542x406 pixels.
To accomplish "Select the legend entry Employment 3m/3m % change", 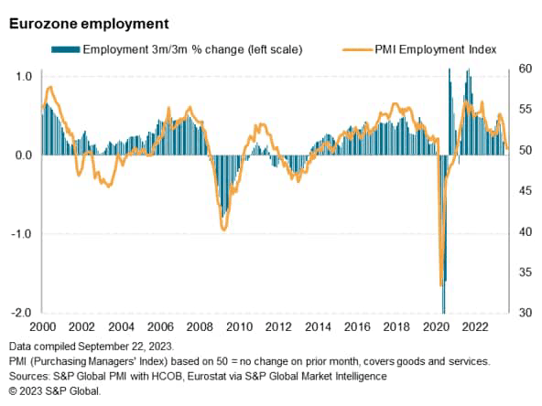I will pos(192,49).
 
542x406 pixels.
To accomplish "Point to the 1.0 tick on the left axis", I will pos(24,76).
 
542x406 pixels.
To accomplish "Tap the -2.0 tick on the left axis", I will pos(22,313).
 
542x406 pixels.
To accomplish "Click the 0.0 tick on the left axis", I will pos(24,155).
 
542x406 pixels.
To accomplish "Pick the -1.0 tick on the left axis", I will pos(22,234).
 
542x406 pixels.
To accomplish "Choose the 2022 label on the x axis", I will pos(476,327).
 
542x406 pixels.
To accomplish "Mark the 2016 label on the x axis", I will pos(357,327).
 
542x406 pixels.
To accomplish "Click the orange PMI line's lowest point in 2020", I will pos(442,287).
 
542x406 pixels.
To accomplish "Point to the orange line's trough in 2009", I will pos(224,229).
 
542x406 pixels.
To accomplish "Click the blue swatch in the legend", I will pos(66,49).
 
